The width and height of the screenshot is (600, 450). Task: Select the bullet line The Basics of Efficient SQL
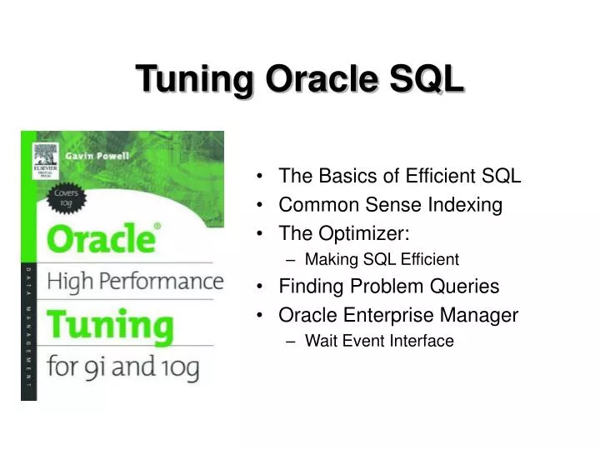pyautogui.click(x=399, y=176)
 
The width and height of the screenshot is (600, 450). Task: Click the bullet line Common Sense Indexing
pyautogui.click(x=390, y=204)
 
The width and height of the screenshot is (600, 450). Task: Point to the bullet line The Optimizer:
pyautogui.click(x=343, y=232)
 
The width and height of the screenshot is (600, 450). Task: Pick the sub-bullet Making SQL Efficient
pyautogui.click(x=382, y=259)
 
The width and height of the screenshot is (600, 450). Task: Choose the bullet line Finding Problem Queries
pyautogui.click(x=388, y=287)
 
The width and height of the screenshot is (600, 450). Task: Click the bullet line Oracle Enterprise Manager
pyautogui.click(x=398, y=315)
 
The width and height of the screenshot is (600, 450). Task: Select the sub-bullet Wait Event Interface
pyautogui.click(x=379, y=341)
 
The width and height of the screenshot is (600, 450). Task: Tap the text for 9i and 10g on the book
pyautogui.click(x=122, y=367)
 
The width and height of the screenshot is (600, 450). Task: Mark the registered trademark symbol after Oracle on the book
pyautogui.click(x=158, y=227)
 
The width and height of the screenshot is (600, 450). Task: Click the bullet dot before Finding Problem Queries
pyautogui.click(x=262, y=287)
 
